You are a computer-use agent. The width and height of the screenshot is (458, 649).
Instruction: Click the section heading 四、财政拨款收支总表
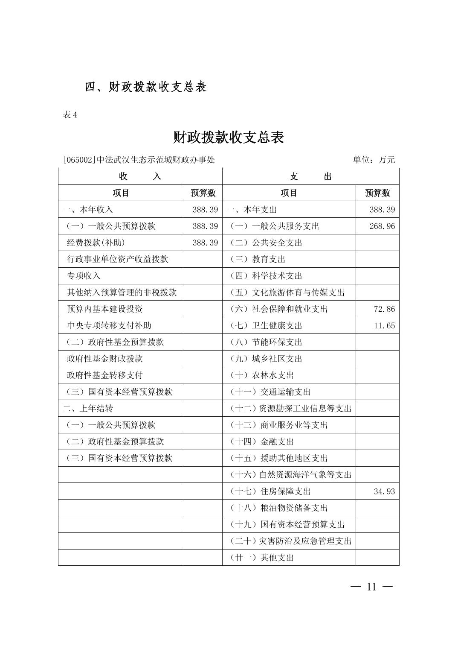(x=145, y=87)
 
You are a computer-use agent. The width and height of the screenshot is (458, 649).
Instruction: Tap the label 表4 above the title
(x=70, y=115)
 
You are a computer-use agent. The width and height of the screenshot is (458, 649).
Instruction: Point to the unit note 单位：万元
(x=374, y=160)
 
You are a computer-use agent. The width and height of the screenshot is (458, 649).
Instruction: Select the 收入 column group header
(x=140, y=176)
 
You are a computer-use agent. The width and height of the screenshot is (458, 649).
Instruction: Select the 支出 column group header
(x=310, y=176)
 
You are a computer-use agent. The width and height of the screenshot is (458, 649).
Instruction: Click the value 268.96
(x=382, y=226)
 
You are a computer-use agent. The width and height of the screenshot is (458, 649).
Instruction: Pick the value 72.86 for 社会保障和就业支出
(x=384, y=309)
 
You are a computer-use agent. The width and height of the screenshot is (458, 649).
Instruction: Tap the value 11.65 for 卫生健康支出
(x=384, y=326)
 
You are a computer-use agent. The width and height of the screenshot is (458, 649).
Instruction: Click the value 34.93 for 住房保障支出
(x=384, y=491)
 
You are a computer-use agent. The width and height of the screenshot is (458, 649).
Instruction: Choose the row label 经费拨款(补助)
(x=96, y=243)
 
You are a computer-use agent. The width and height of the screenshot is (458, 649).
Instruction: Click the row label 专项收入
(x=84, y=276)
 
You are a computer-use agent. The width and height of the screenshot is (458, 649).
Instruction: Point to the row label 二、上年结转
(x=88, y=409)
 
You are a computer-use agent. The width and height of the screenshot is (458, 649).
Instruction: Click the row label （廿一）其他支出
(x=262, y=558)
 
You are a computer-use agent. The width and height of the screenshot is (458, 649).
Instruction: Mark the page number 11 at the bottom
(x=371, y=587)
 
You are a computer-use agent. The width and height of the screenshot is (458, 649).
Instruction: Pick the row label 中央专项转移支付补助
(x=109, y=326)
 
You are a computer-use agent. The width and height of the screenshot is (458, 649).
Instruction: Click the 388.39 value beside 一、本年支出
(x=382, y=210)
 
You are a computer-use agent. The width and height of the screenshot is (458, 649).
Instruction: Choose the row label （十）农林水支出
(x=262, y=375)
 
